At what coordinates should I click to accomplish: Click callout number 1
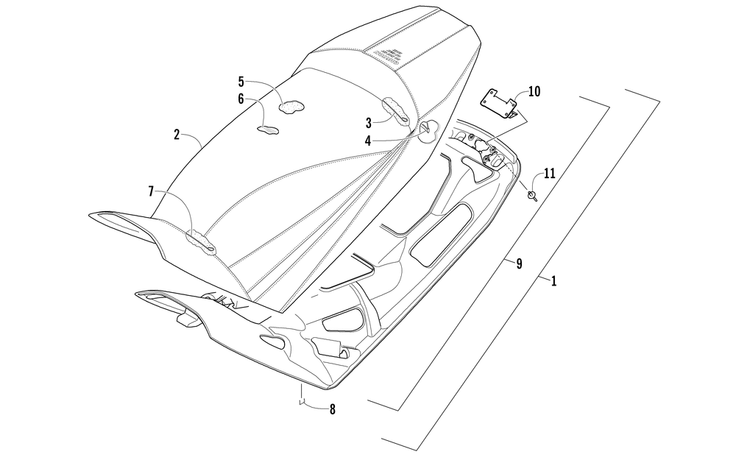tap(553, 280)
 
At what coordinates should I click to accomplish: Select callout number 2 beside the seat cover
tap(177, 135)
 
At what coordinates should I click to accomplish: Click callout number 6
tap(241, 97)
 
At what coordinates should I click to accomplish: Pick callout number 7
tap(152, 191)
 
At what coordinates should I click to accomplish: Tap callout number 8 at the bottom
tap(332, 409)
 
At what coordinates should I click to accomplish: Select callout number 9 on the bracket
tap(519, 263)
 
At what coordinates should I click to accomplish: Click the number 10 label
tap(534, 91)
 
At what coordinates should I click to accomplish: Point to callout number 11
tap(549, 174)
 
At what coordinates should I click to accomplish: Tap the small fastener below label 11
tap(533, 194)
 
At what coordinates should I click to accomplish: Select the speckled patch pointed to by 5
tap(291, 106)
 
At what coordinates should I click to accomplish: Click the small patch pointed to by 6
tap(268, 130)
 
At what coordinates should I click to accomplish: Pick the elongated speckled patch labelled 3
tap(396, 111)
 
